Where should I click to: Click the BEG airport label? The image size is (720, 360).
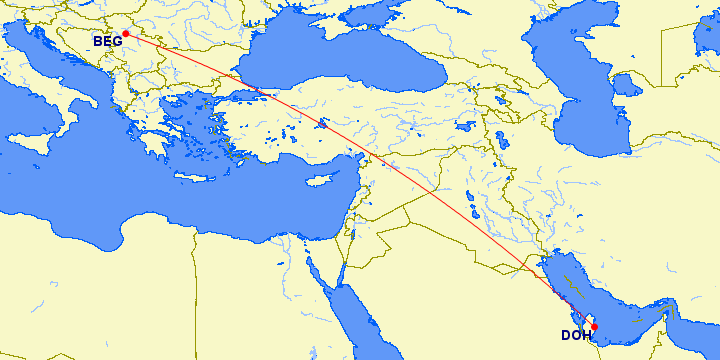(107, 42)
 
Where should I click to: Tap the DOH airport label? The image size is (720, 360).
(575, 335)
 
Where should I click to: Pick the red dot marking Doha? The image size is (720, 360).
(594, 326)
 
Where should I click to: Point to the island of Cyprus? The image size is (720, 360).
(319, 183)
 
